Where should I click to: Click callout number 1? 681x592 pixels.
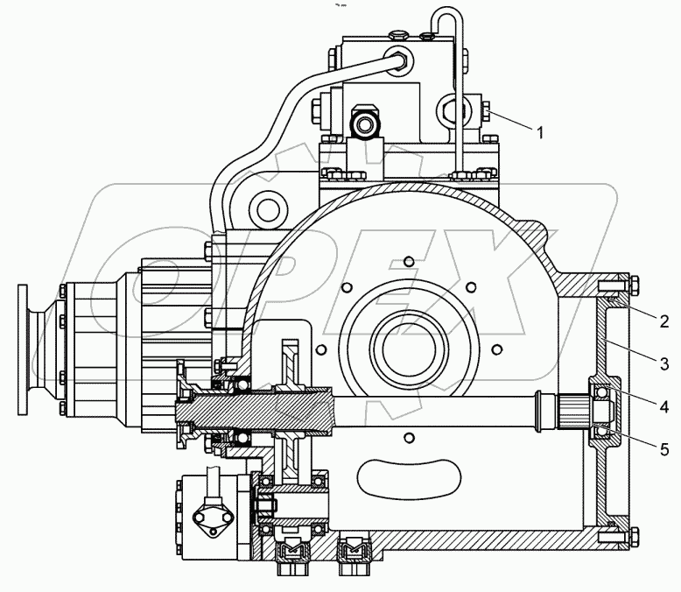point(540,132)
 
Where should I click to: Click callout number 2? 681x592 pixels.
point(663,321)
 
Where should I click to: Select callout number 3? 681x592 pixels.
point(664,363)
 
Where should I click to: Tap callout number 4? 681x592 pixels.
point(663,407)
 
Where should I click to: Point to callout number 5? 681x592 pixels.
point(664,450)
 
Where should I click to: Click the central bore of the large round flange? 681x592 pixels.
point(409,349)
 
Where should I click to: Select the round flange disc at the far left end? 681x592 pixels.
point(23,349)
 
